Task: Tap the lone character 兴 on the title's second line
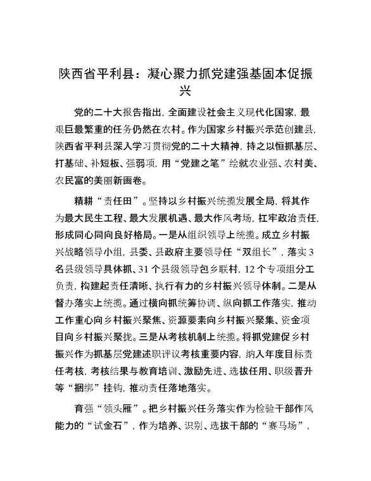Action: click(185, 90)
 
